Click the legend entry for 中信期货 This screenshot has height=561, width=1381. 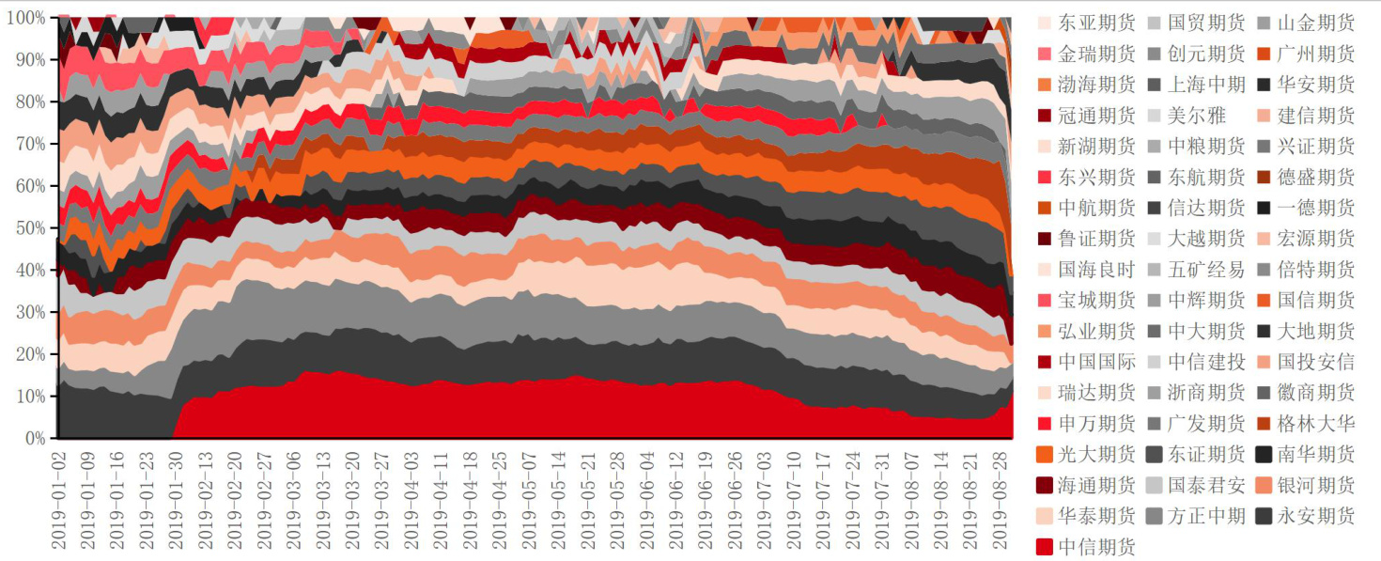[x=1096, y=546]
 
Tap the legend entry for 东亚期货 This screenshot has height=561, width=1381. [x=1096, y=23]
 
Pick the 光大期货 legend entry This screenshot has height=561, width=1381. [x=1096, y=454]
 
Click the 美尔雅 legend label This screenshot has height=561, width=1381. [x=1195, y=115]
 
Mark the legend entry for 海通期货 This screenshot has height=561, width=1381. [x=1096, y=485]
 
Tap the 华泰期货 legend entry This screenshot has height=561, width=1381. [x=1096, y=515]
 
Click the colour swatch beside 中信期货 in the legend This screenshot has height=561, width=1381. [x=1045, y=546]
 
